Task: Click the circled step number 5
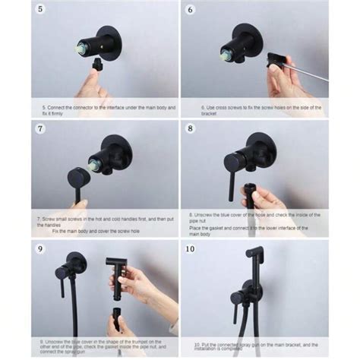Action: pyautogui.click(x=39, y=11)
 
